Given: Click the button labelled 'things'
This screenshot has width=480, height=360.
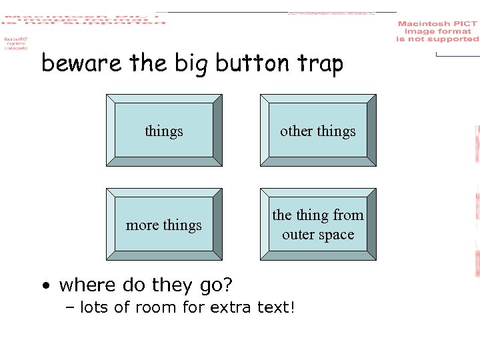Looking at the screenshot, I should (164, 130).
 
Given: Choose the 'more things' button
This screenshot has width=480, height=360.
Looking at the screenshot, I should (164, 225).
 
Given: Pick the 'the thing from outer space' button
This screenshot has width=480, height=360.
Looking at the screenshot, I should (318, 224).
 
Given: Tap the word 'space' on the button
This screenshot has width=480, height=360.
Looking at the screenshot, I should (337, 235).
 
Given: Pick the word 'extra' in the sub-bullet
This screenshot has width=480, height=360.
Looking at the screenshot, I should (233, 307).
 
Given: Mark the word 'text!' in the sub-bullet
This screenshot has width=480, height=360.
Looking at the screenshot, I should (277, 307).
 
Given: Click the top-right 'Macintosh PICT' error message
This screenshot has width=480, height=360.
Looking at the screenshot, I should (437, 31).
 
